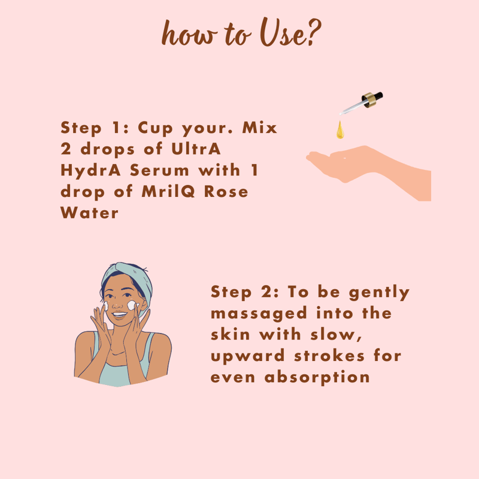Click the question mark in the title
[314, 32]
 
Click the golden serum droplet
[340, 130]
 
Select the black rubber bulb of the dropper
[377, 96]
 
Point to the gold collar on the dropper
[369, 100]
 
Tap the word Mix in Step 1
[259, 128]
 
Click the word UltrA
[196, 149]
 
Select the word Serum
[159, 170]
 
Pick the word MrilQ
[168, 192]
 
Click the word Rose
[226, 192]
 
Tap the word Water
[89, 213]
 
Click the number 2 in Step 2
[265, 292]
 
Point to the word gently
[379, 293]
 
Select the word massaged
[259, 314]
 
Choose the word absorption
[317, 378]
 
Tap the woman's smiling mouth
[119, 314]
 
